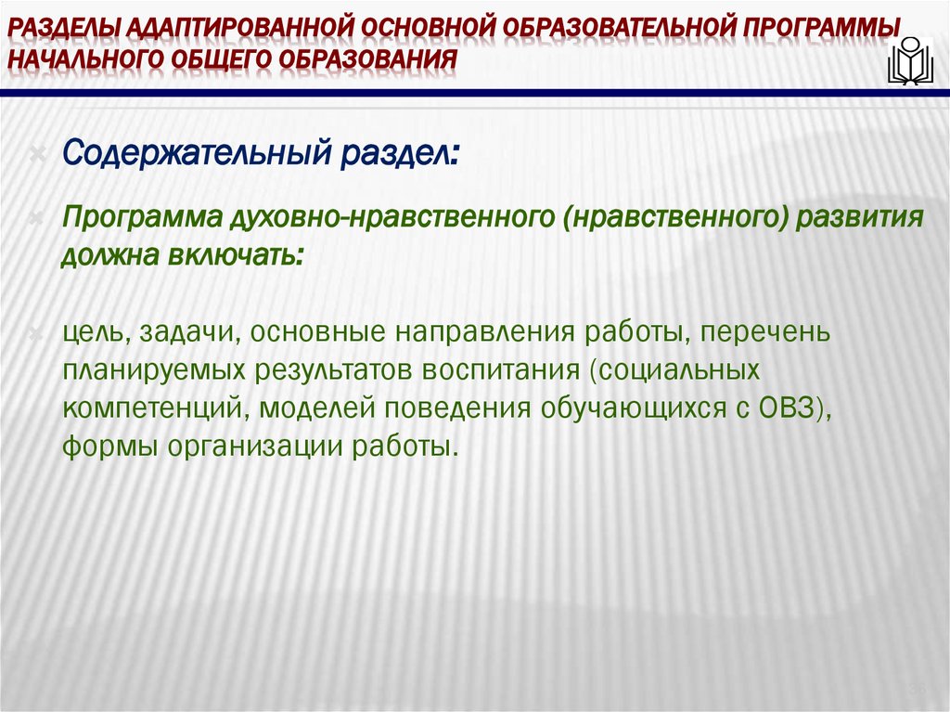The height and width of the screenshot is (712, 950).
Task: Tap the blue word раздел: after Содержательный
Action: point(405,149)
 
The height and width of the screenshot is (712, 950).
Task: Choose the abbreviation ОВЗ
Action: point(778,409)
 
